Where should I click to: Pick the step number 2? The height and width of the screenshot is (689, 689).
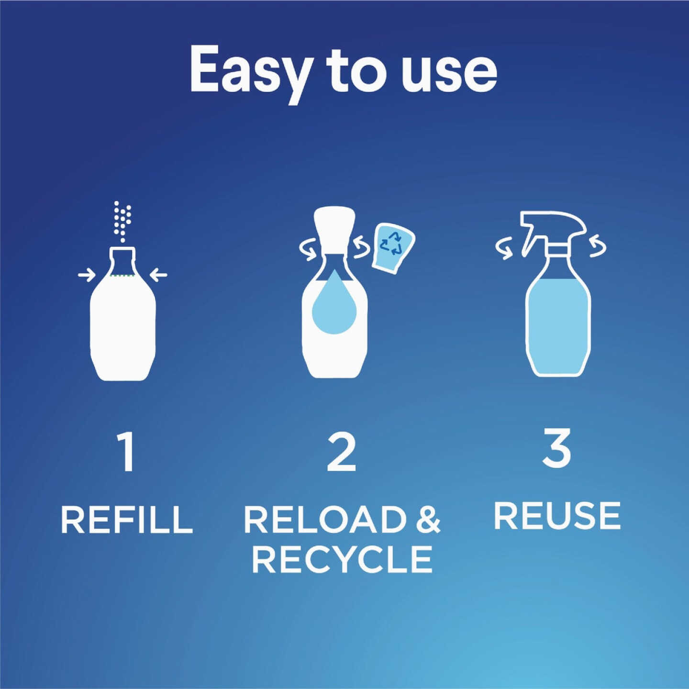pyautogui.click(x=342, y=452)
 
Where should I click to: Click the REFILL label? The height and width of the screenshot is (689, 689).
pyautogui.click(x=127, y=520)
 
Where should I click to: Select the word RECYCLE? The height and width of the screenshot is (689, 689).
pyautogui.click(x=342, y=559)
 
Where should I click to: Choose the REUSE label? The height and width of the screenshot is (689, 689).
pyautogui.click(x=557, y=516)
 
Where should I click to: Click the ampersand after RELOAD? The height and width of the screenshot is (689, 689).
pyautogui.click(x=427, y=520)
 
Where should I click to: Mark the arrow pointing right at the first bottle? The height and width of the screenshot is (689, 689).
pyautogui.click(x=87, y=275)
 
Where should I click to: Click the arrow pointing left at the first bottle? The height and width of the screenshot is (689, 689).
pyautogui.click(x=159, y=275)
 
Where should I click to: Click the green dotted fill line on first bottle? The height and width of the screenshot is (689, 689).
pyautogui.click(x=122, y=276)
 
